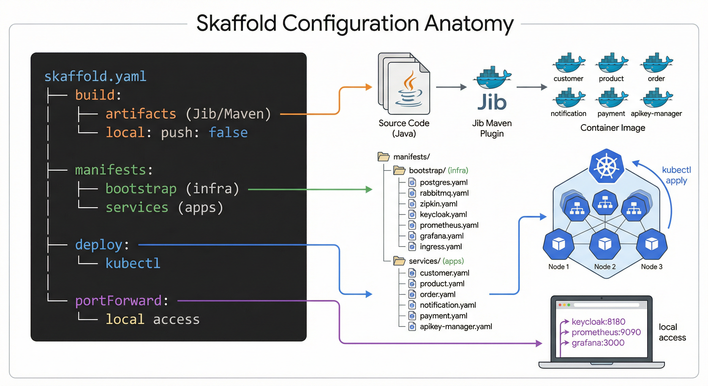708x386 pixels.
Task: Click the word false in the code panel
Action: tap(228, 132)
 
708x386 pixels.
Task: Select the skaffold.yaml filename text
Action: tap(95, 76)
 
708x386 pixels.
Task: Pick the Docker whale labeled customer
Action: tap(568, 63)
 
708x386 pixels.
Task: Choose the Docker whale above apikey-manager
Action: tap(656, 98)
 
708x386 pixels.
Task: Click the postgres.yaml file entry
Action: tap(443, 182)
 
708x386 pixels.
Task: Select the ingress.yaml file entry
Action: tap(440, 247)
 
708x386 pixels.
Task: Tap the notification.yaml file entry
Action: tap(448, 305)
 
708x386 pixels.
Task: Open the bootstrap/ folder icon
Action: tap(399, 170)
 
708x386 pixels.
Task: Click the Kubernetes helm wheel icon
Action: tap(606, 166)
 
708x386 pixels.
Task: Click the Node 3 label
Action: tap(651, 266)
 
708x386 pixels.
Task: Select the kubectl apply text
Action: tap(676, 175)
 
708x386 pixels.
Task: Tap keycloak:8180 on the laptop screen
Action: tap(598, 321)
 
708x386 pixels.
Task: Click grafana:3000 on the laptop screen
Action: tap(598, 343)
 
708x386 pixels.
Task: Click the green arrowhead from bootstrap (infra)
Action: tap(369, 189)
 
